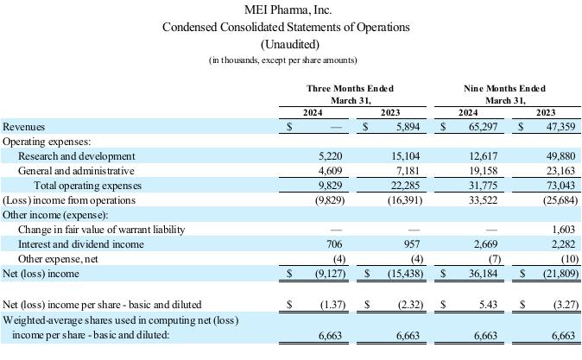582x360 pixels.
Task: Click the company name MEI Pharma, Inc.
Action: (x=288, y=9)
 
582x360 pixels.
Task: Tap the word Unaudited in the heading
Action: (x=290, y=45)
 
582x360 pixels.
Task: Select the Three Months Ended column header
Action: (x=350, y=88)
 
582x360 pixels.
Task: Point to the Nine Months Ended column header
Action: (x=505, y=88)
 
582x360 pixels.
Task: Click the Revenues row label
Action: (x=24, y=127)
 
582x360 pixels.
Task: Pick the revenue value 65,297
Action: (x=483, y=127)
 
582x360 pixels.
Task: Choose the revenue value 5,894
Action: (x=408, y=127)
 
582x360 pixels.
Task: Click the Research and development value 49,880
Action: (x=560, y=156)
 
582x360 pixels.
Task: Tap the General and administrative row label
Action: (x=76, y=171)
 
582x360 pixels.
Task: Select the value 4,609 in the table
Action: (x=331, y=171)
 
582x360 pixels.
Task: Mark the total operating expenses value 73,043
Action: (x=560, y=186)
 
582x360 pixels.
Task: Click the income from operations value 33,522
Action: (x=483, y=200)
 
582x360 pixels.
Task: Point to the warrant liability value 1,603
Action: (x=564, y=230)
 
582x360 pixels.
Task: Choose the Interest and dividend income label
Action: (x=81, y=244)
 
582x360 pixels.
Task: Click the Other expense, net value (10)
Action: (x=570, y=259)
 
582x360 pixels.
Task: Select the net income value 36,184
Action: (x=483, y=274)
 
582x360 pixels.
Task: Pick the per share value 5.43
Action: (x=488, y=305)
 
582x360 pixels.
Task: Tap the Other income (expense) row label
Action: (x=55, y=215)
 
